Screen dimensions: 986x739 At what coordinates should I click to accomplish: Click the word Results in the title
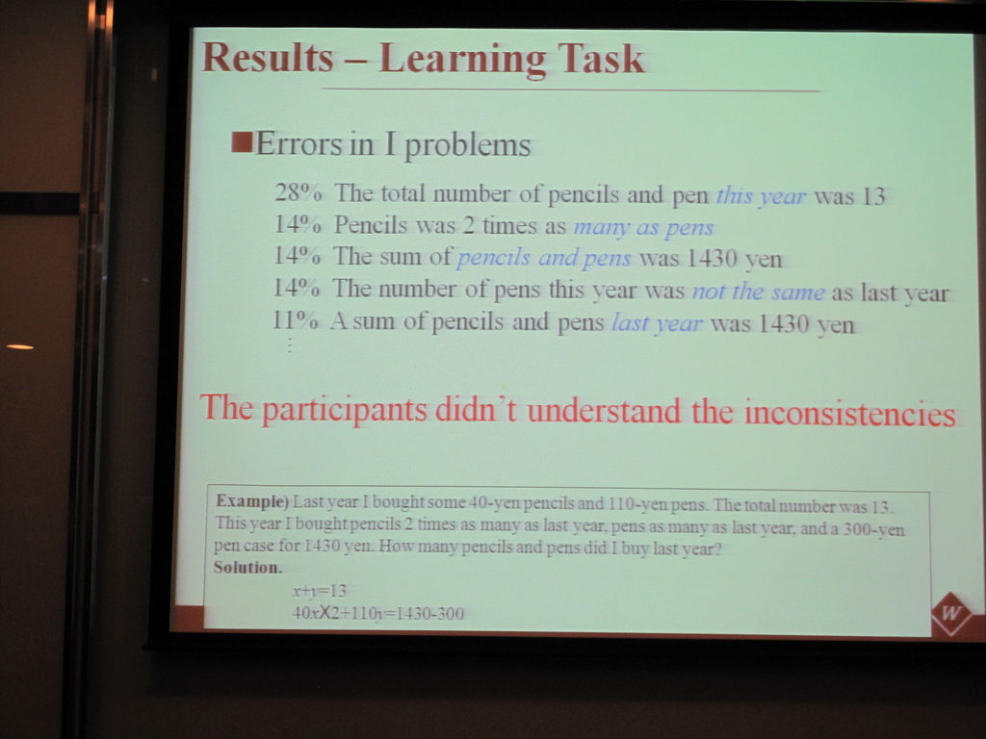pyautogui.click(x=268, y=57)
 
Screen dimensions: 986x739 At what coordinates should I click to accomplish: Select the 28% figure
pyautogui.click(x=298, y=192)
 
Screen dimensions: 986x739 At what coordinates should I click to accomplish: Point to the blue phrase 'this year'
pyautogui.click(x=761, y=196)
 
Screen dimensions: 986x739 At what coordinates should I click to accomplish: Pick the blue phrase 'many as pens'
pyautogui.click(x=643, y=227)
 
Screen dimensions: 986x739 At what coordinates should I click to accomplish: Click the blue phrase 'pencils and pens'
pyautogui.click(x=544, y=258)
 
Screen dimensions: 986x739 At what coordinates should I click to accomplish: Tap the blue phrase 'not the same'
pyautogui.click(x=759, y=292)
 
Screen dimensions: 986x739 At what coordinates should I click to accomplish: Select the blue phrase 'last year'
pyautogui.click(x=657, y=323)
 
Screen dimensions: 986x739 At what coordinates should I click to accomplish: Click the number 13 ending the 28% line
pyautogui.click(x=872, y=196)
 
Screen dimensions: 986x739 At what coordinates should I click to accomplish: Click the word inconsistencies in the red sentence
pyautogui.click(x=849, y=413)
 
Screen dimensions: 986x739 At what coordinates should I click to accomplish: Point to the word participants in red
pyautogui.click(x=344, y=410)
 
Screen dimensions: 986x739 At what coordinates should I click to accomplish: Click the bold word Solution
pyautogui.click(x=247, y=568)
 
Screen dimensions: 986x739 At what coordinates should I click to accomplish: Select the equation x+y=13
pyautogui.click(x=319, y=591)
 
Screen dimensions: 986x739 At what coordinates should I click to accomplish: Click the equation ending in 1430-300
pyautogui.click(x=377, y=613)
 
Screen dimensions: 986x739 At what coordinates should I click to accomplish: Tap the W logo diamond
pyautogui.click(x=950, y=613)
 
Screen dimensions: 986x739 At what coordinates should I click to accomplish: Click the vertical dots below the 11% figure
pyautogui.click(x=289, y=345)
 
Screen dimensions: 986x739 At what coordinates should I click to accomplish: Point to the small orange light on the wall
pyautogui.click(x=20, y=346)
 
